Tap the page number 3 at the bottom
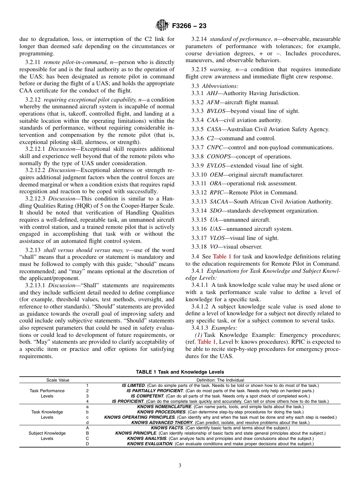pyautogui.click(x=180, y=466)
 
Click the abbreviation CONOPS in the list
pyautogui.click(x=218, y=156)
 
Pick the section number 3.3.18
pyautogui.click(x=199, y=247)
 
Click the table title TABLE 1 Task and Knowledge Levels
pyautogui.click(x=180, y=372)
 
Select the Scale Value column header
pyautogui.click(x=58, y=380)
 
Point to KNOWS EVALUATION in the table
pyautogui.click(x=150, y=444)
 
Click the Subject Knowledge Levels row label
pyautogui.click(x=47, y=436)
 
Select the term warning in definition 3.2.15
pyautogui.click(x=219, y=70)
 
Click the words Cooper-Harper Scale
pyautogui.click(x=151, y=206)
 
